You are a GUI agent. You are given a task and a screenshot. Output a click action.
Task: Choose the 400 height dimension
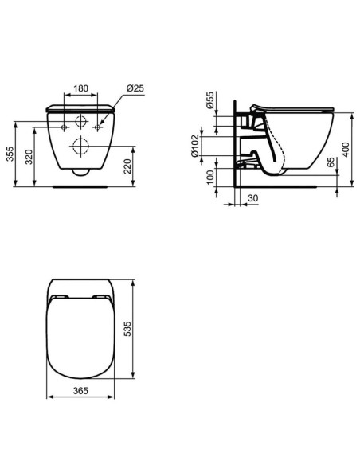coord(348,149)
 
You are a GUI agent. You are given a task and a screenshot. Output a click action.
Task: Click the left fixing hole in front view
coord(62,127)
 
